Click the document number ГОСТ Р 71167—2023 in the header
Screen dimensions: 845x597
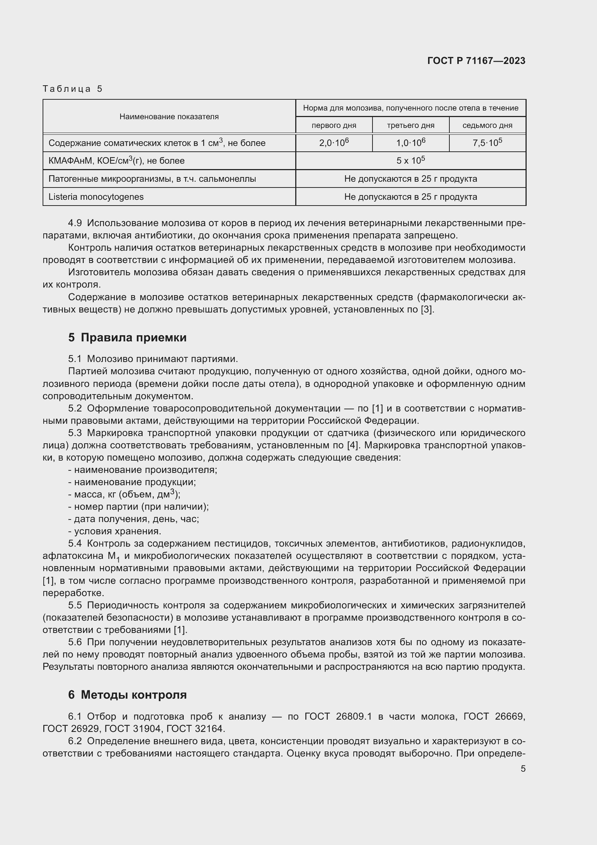tap(476, 61)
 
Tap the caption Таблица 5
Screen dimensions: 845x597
tap(73, 89)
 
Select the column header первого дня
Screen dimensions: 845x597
tap(334, 125)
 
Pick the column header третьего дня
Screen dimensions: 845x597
tap(410, 125)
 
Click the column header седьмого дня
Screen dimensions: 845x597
tap(487, 125)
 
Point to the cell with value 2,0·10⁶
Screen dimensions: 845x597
tap(334, 143)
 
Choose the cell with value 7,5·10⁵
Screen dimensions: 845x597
tap(487, 143)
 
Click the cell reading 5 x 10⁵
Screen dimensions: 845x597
tap(410, 161)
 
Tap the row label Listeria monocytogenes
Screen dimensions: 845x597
tap(96, 197)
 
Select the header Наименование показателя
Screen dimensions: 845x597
tap(169, 117)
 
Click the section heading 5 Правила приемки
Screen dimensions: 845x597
tap(127, 337)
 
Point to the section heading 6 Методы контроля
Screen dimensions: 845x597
tap(127, 694)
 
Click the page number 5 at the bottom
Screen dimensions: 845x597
tap(523, 769)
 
